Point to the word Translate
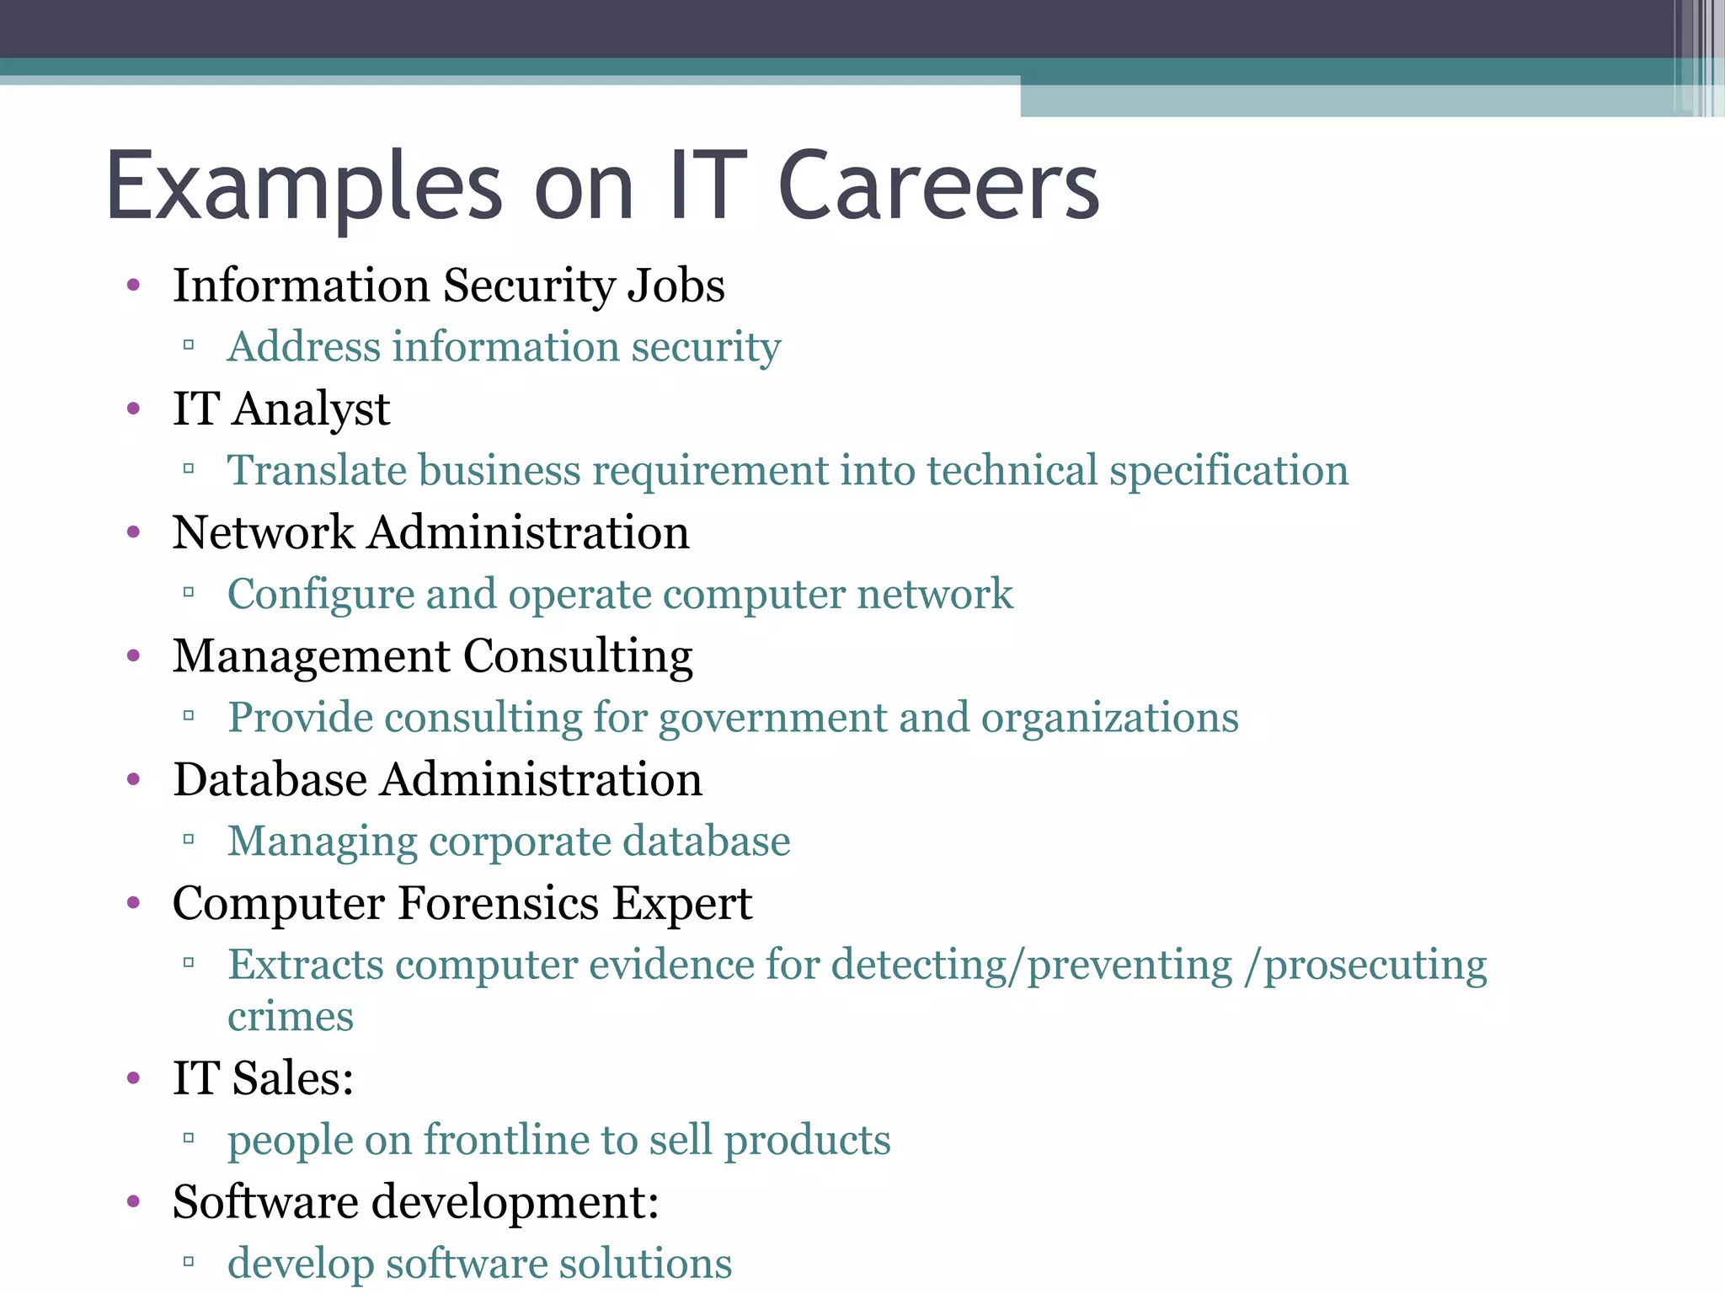tap(317, 470)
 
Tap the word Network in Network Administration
tap(263, 532)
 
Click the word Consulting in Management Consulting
tap(578, 657)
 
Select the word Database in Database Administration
tap(270, 779)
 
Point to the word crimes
tap(290, 1017)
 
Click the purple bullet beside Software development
tap(133, 1201)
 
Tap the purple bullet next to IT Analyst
tap(133, 409)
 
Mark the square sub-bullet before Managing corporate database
tap(189, 839)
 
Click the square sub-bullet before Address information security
tap(189, 345)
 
